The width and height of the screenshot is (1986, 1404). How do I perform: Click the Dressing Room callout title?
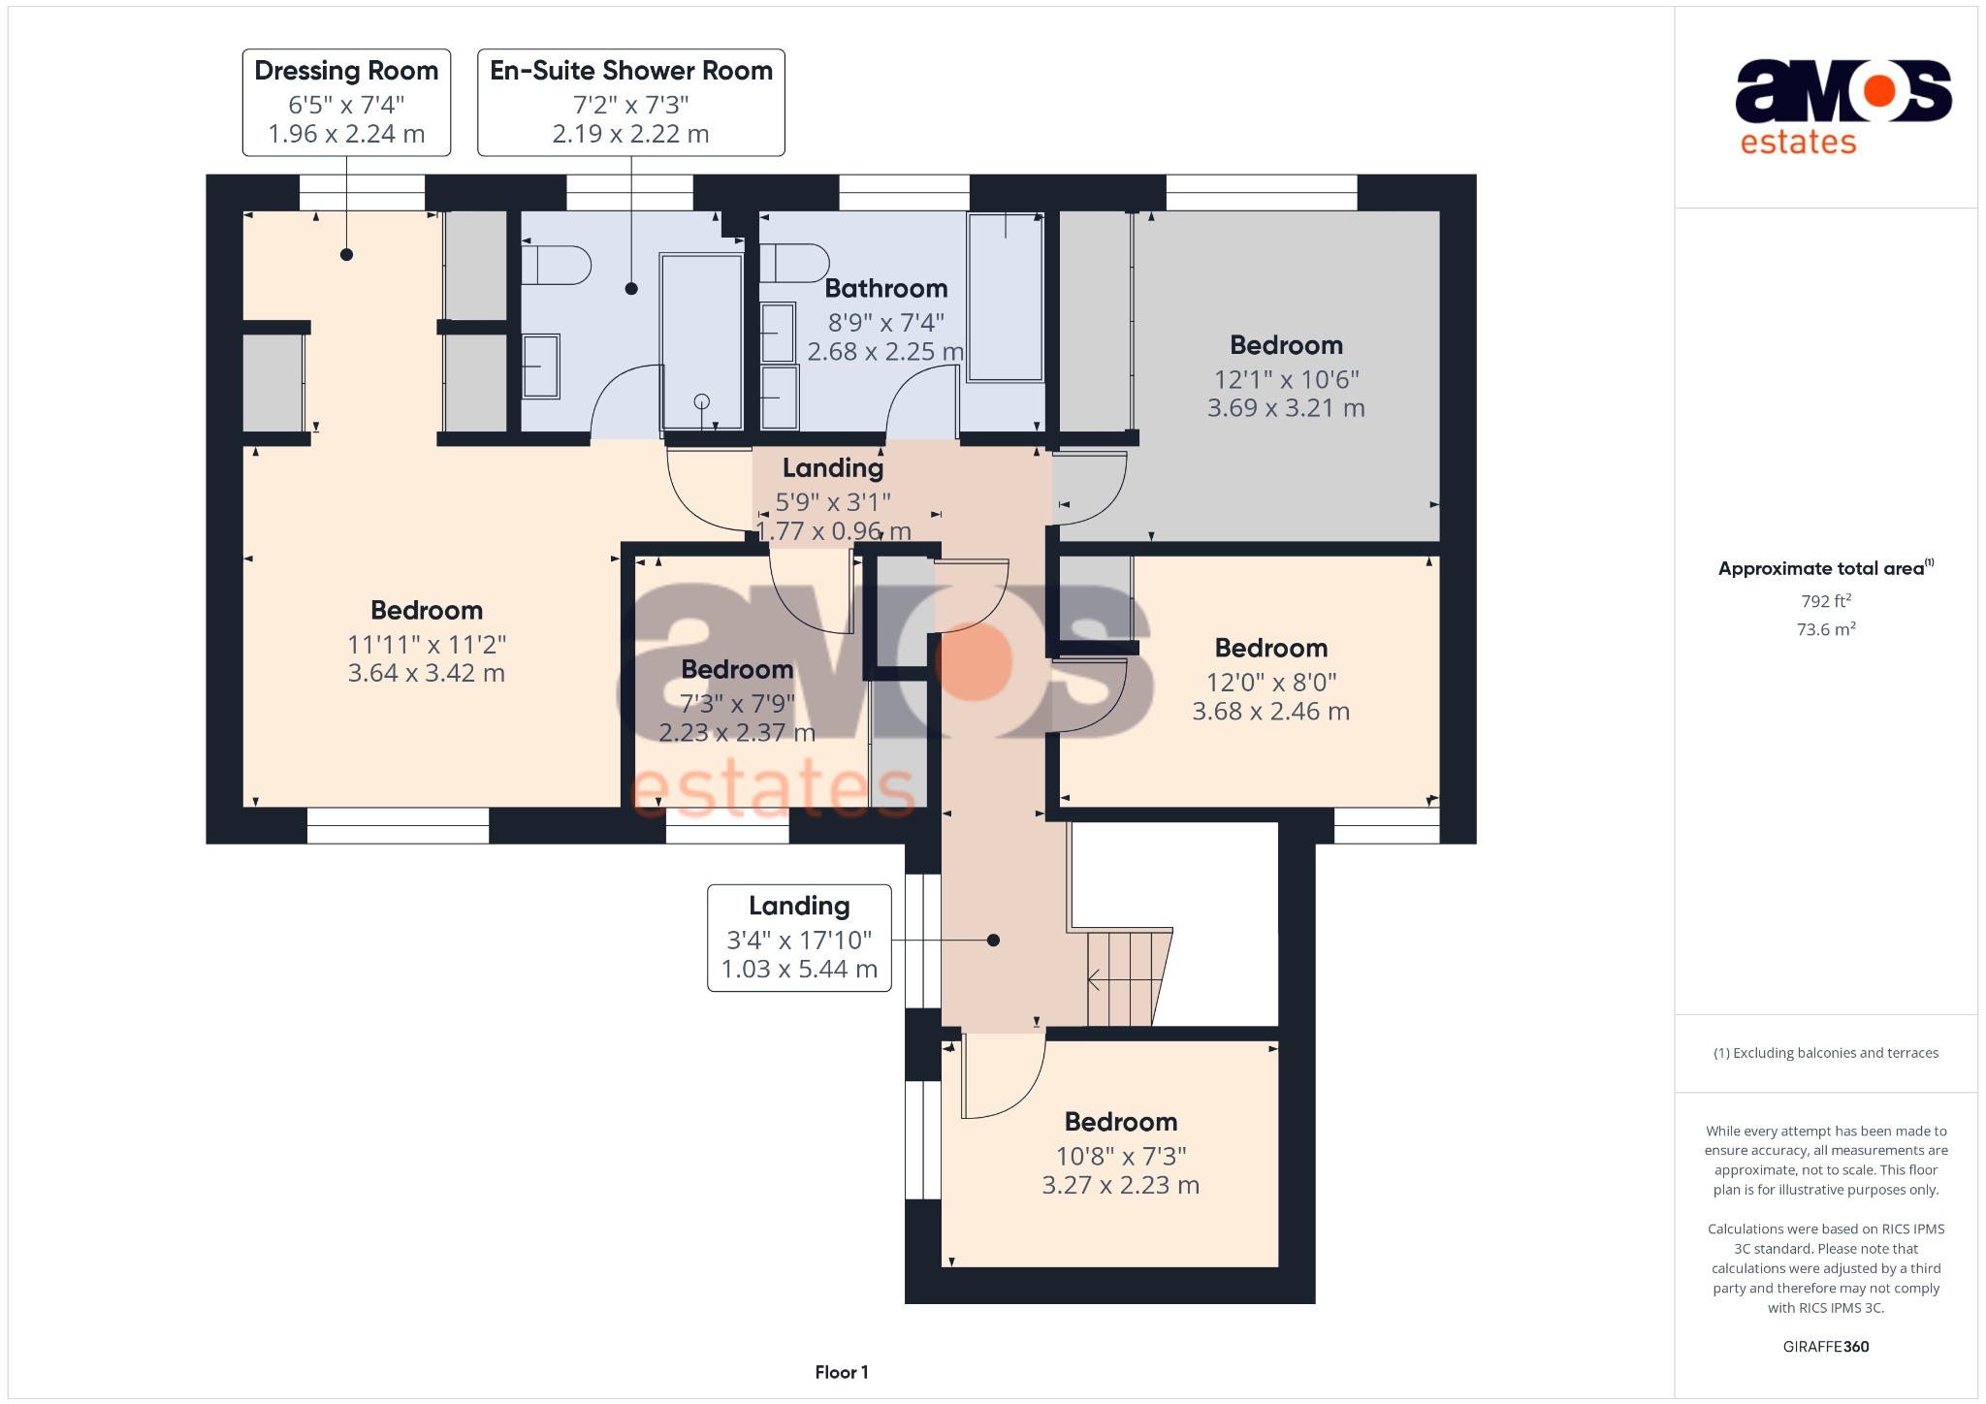[346, 71]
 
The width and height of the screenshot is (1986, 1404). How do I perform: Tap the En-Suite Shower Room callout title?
[630, 71]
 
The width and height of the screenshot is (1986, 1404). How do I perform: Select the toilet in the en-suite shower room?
[557, 265]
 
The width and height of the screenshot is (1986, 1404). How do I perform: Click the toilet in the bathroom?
[794, 263]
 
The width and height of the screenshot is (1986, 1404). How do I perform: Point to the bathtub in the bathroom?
[1006, 297]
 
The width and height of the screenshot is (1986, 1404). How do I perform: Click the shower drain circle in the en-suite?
[702, 401]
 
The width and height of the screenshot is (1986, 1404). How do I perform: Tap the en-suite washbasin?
[540, 367]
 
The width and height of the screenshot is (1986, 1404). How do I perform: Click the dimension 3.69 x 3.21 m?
[1286, 408]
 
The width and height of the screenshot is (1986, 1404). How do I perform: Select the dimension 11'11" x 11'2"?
[427, 644]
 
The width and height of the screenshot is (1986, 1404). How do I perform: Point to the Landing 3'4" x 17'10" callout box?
[799, 938]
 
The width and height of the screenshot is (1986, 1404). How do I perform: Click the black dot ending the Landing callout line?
[993, 940]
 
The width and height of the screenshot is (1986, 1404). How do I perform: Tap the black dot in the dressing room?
[346, 255]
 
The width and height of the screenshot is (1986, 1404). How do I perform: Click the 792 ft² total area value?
[1825, 601]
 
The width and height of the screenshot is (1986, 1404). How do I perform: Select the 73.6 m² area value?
[1825, 629]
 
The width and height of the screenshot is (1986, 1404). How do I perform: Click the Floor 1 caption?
[841, 1372]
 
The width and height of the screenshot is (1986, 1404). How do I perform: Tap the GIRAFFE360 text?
[1825, 1346]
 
